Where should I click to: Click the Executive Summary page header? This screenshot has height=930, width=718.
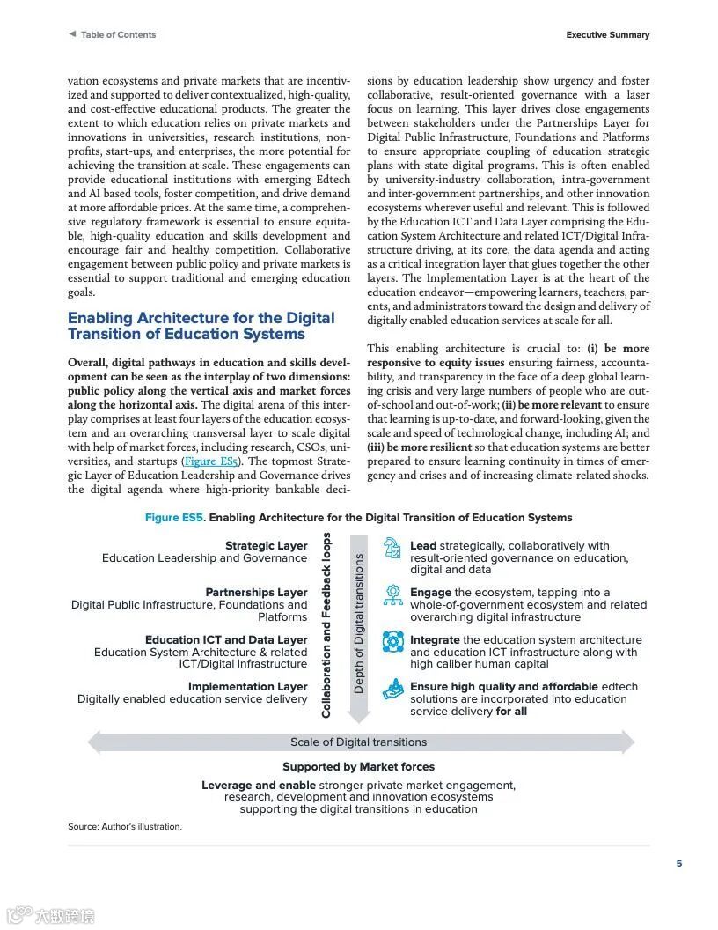pos(607,35)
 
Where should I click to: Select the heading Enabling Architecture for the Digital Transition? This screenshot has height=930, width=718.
pos(201,326)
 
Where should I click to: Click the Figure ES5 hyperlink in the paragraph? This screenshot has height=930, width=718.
pos(210,461)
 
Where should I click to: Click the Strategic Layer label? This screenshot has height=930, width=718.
pos(266,546)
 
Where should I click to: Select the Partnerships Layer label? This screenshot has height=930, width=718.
pos(256,593)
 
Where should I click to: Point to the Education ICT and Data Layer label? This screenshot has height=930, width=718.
pos(226,640)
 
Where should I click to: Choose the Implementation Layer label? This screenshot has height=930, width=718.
pos(247,687)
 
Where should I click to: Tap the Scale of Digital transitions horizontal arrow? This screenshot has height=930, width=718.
pos(359,742)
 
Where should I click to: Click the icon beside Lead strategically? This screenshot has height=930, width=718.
pos(393,549)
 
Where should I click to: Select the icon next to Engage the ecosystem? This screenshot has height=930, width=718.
pos(393,595)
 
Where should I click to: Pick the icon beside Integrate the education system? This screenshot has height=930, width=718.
pos(393,642)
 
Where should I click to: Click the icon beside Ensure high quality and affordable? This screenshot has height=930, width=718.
pos(393,690)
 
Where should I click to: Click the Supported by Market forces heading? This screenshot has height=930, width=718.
pos(358,767)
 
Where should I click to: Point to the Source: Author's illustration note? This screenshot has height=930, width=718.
pos(125,827)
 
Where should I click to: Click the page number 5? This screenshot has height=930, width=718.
pos(678,864)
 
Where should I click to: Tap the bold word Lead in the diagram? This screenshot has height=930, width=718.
pos(423,546)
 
